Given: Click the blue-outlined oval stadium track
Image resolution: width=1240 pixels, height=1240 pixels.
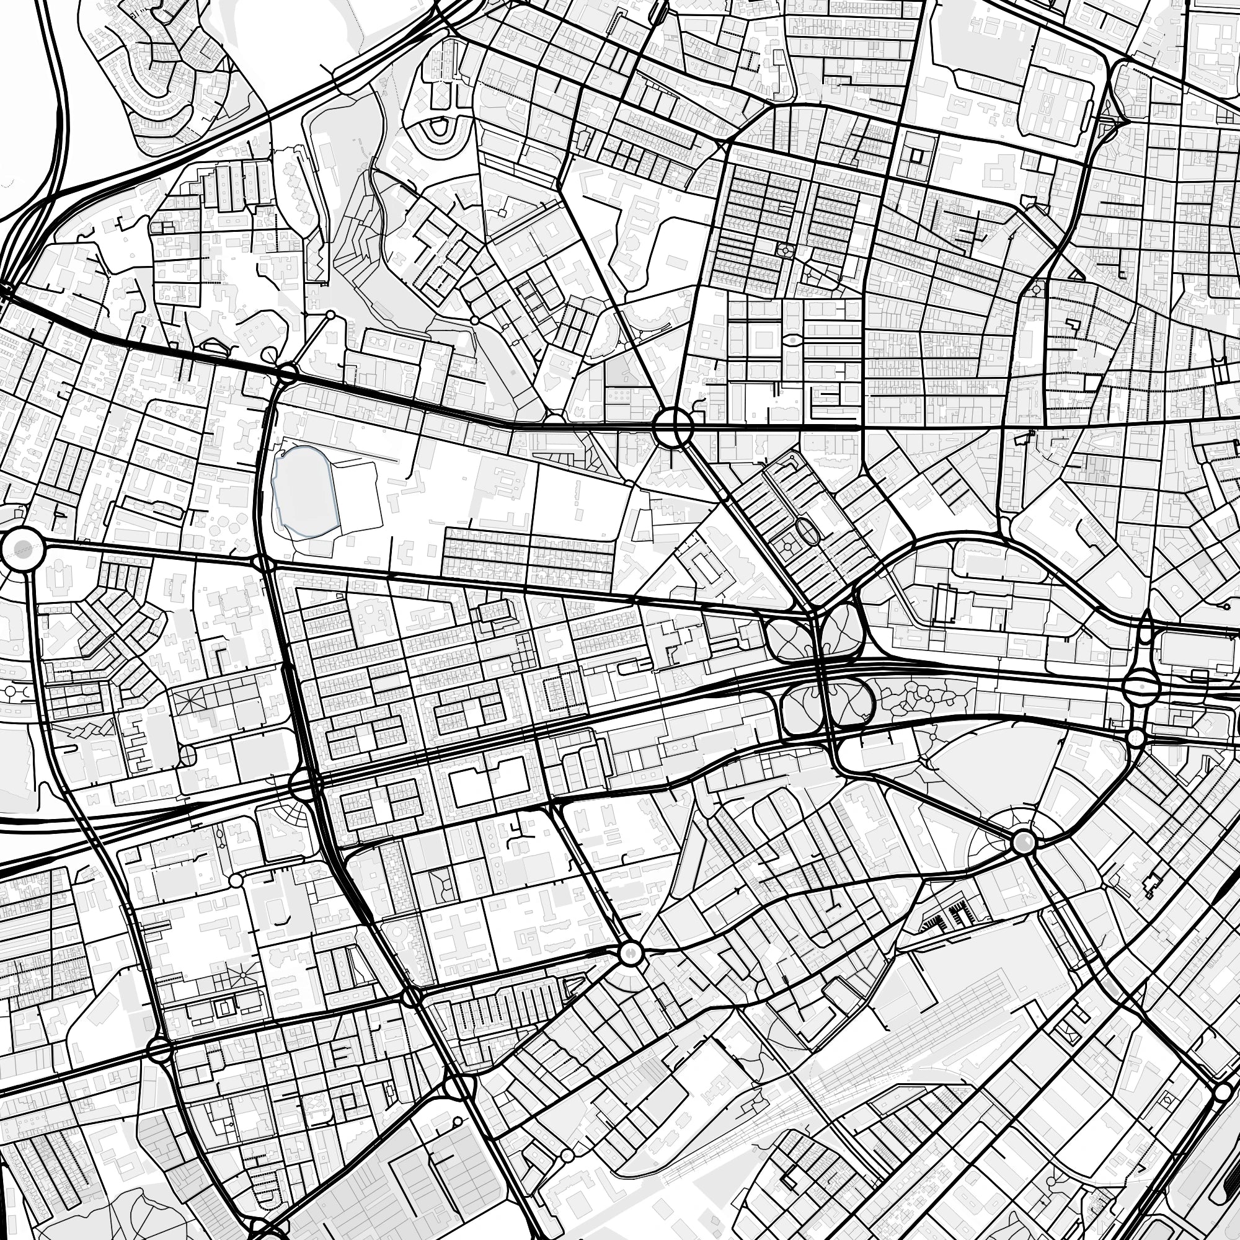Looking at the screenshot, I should click(303, 492).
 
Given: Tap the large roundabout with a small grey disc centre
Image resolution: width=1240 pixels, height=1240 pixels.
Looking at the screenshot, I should click(22, 548).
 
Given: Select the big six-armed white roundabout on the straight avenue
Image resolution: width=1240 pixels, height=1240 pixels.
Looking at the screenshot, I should click(673, 425).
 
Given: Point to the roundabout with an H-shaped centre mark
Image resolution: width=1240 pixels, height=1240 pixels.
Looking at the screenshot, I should click(630, 953).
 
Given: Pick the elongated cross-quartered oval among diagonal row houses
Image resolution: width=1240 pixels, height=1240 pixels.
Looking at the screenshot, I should click(807, 532).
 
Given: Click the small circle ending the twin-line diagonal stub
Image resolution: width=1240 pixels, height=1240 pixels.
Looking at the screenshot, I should click(331, 315).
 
